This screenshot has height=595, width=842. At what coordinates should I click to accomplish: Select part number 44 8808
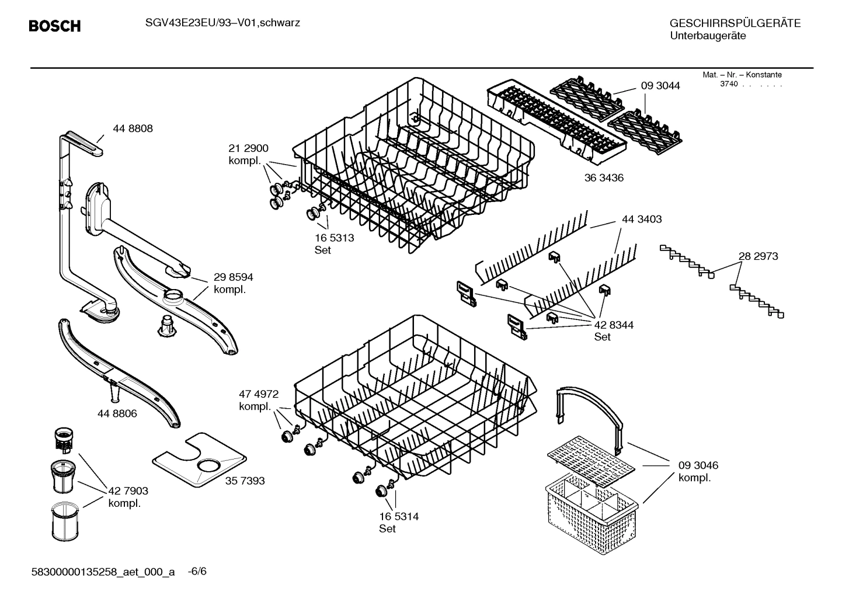point(133,128)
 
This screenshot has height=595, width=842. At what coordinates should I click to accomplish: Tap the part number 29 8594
point(233,277)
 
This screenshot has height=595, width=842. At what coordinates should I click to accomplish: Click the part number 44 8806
point(117,413)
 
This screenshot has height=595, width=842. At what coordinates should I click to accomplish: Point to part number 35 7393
point(245,481)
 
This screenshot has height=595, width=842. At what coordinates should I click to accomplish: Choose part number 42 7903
point(128,491)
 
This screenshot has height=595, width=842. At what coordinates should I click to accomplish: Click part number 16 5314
point(399,516)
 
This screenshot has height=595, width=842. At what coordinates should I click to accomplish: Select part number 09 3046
point(698,465)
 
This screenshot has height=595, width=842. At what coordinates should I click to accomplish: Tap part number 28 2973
point(758,256)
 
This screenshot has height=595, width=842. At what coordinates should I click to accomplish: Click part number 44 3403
point(642,219)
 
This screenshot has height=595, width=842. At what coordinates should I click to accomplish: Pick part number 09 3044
point(660,86)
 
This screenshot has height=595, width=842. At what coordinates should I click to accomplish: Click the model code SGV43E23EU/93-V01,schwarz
point(222,23)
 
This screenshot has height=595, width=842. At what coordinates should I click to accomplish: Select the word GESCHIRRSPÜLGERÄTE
point(735,23)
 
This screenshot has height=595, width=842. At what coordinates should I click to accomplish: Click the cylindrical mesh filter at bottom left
point(64,521)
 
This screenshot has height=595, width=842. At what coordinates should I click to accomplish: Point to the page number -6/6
point(197,571)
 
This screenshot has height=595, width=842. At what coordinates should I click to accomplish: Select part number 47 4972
point(258,394)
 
